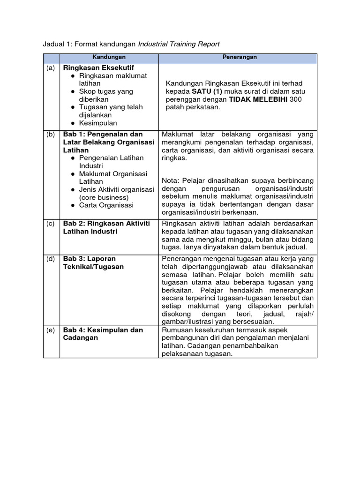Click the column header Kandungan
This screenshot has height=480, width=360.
click(x=109, y=57)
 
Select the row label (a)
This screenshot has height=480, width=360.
click(x=51, y=68)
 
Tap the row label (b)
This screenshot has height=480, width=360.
click(x=51, y=135)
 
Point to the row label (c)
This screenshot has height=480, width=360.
click(x=51, y=224)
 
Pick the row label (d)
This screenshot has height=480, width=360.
click(x=51, y=259)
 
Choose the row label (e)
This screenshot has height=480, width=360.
click(x=51, y=330)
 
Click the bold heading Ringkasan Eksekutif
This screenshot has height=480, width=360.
click(x=98, y=68)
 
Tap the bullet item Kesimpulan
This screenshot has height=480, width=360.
click(x=98, y=123)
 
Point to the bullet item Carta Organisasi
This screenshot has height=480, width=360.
click(x=106, y=205)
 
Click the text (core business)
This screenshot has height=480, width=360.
click(x=104, y=197)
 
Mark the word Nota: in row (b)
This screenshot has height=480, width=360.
click(x=171, y=180)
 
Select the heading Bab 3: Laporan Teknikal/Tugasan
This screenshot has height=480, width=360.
click(x=93, y=262)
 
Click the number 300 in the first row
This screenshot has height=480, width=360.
click(x=296, y=99)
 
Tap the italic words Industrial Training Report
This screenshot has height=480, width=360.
click(x=179, y=44)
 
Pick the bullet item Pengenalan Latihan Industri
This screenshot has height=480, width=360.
click(x=111, y=162)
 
